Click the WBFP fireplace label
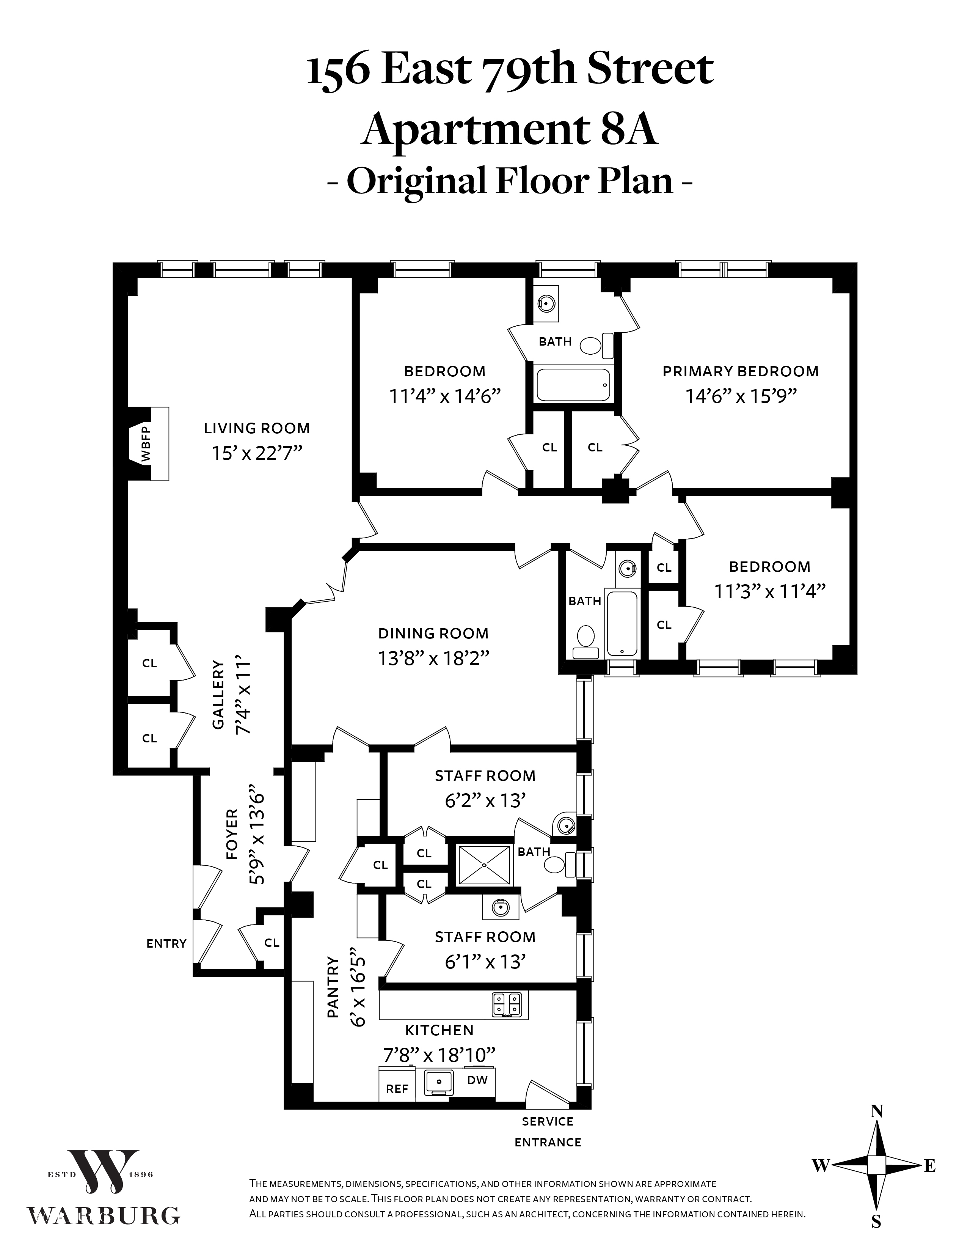coord(146,443)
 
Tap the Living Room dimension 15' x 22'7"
coord(256,453)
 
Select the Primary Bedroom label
coord(741,371)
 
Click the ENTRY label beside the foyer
coord(166,944)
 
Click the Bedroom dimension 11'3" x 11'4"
coord(769,591)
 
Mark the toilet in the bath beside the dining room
coord(585,641)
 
